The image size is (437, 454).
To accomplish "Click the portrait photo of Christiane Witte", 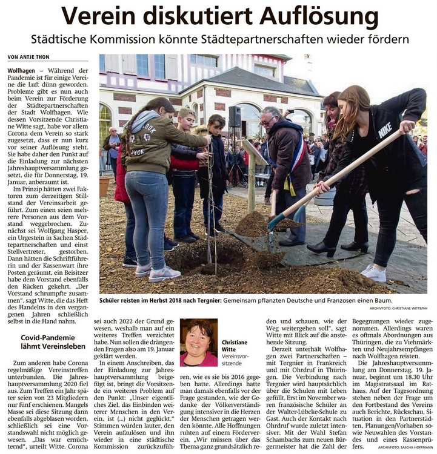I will coord(199,343).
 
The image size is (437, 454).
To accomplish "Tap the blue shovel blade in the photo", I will coord(276,222).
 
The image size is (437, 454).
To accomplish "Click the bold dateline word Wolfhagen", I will coord(21,71).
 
